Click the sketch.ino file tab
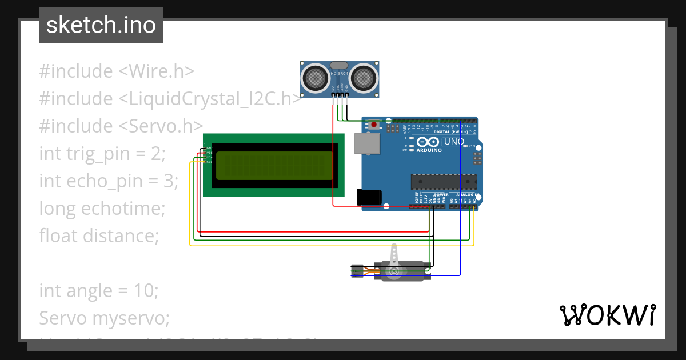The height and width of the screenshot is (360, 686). click(101, 25)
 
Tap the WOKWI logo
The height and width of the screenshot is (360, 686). click(607, 315)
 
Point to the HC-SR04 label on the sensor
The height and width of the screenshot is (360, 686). click(339, 74)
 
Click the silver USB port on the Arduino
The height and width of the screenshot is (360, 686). click(366, 144)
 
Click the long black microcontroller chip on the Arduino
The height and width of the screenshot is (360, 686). click(444, 181)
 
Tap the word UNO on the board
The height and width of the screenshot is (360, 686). click(454, 142)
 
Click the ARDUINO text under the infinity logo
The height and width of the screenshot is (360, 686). click(429, 150)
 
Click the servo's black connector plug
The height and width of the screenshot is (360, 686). click(357, 271)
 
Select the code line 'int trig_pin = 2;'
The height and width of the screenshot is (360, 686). click(102, 153)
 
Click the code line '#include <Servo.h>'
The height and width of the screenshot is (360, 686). click(121, 126)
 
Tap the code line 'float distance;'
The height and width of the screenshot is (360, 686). click(98, 235)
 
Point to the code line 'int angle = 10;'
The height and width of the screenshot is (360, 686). click(98, 290)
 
